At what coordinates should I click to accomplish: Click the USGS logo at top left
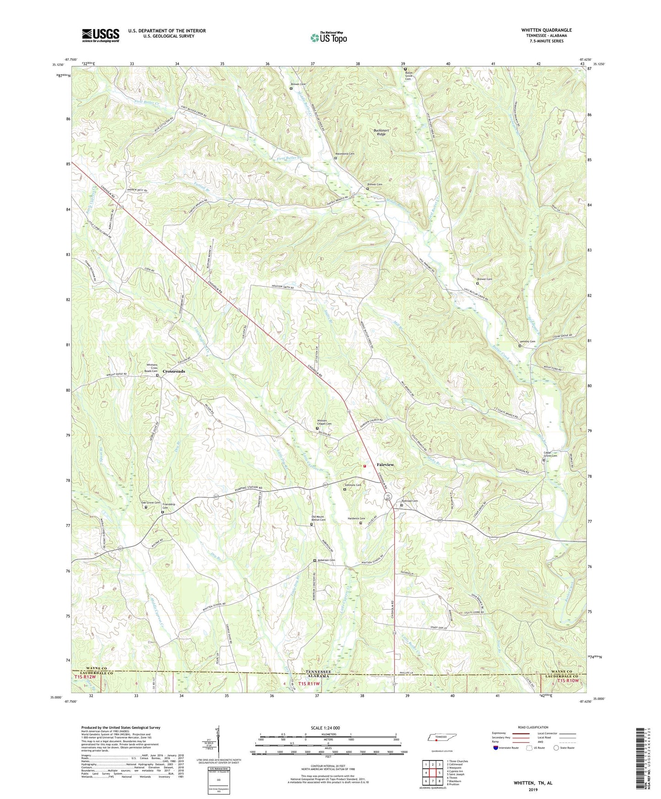pos(101,35)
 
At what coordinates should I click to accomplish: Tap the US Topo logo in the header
pos(328,38)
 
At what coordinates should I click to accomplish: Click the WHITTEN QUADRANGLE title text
pos(546,30)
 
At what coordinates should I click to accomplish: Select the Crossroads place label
pos(174,371)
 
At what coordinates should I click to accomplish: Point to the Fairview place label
pos(385,464)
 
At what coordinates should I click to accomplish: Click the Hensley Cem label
pos(527,341)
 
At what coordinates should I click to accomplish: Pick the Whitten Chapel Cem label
pos(324,422)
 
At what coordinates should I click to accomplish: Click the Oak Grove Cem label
pos(150,502)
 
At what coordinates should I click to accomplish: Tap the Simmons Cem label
pos(353,485)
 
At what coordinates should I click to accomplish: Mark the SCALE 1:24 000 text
pos(325,728)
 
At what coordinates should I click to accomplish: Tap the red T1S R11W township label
pos(309,684)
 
